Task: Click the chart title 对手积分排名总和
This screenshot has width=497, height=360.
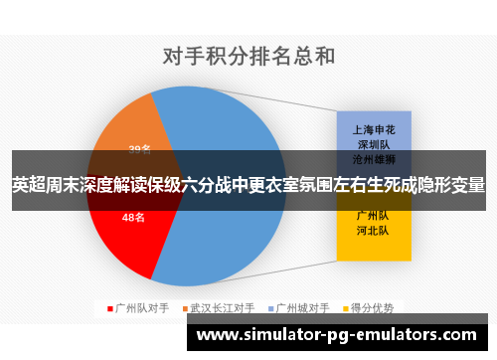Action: coord(248,55)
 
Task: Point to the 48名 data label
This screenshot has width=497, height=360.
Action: coord(133,219)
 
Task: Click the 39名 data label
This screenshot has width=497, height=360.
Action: coord(140,150)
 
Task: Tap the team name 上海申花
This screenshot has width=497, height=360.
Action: coord(373,129)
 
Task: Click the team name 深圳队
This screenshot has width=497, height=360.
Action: coord(373,143)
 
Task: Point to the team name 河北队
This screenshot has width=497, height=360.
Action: coord(373,230)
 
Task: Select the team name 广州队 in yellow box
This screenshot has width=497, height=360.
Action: coord(373,215)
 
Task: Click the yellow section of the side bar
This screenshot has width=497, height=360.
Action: coord(373,244)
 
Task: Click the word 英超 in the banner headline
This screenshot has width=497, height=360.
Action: coord(27,185)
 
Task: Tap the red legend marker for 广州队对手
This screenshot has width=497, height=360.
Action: coord(110,307)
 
